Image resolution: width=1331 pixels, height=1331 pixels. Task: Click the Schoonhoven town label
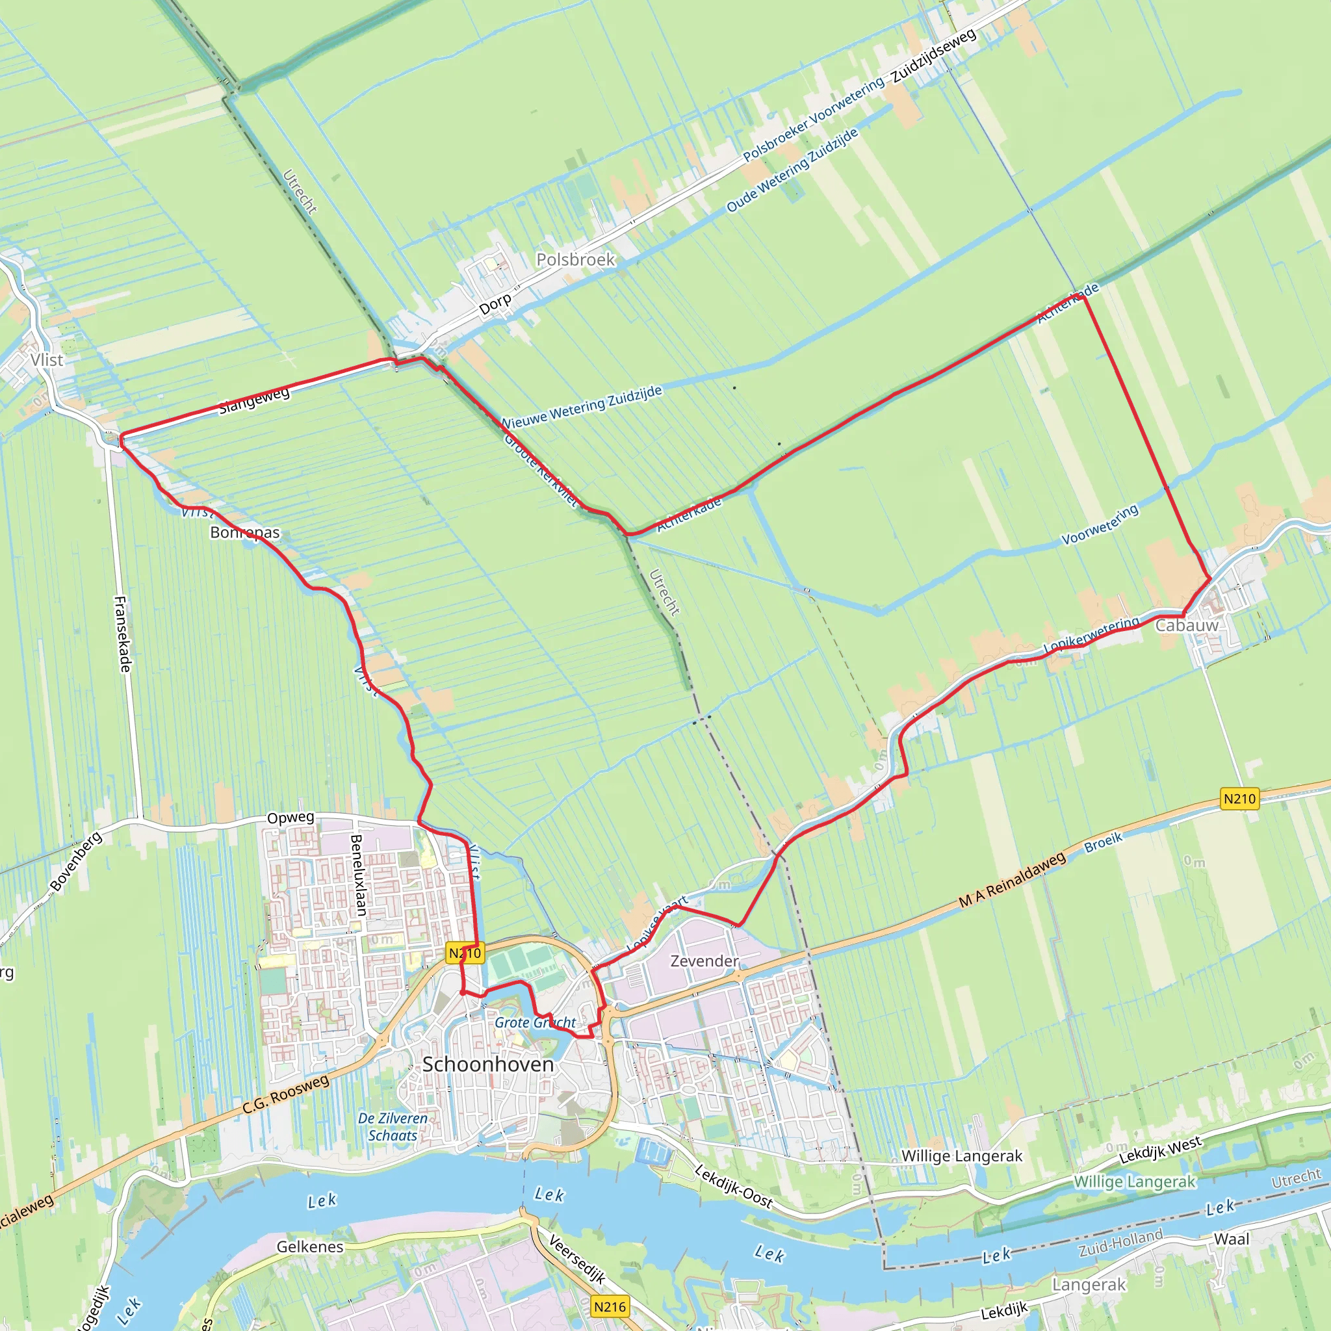488,1065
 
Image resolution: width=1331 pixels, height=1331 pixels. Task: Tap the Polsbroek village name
575,260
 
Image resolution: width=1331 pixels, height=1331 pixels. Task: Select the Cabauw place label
1186,626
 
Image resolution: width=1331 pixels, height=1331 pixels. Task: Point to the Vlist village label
47,359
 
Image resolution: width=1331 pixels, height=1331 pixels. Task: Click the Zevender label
704,961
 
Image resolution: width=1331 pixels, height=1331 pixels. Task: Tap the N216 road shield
610,1306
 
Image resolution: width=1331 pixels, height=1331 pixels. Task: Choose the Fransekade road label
123,634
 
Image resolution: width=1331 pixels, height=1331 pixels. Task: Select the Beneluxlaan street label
357,875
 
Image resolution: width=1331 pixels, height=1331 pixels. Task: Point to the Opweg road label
290,818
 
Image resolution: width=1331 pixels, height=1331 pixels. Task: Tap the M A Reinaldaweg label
1012,880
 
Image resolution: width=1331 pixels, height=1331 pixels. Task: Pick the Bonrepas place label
245,532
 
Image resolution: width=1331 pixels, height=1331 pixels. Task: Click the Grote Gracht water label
536,1022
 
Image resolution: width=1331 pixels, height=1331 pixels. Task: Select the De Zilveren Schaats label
393,1126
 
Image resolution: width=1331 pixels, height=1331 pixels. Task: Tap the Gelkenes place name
310,1247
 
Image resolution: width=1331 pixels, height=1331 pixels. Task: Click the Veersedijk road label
577,1260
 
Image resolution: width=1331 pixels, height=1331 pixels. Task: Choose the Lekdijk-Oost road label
734,1185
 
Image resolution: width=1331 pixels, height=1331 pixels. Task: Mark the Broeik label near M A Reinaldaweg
1104,842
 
